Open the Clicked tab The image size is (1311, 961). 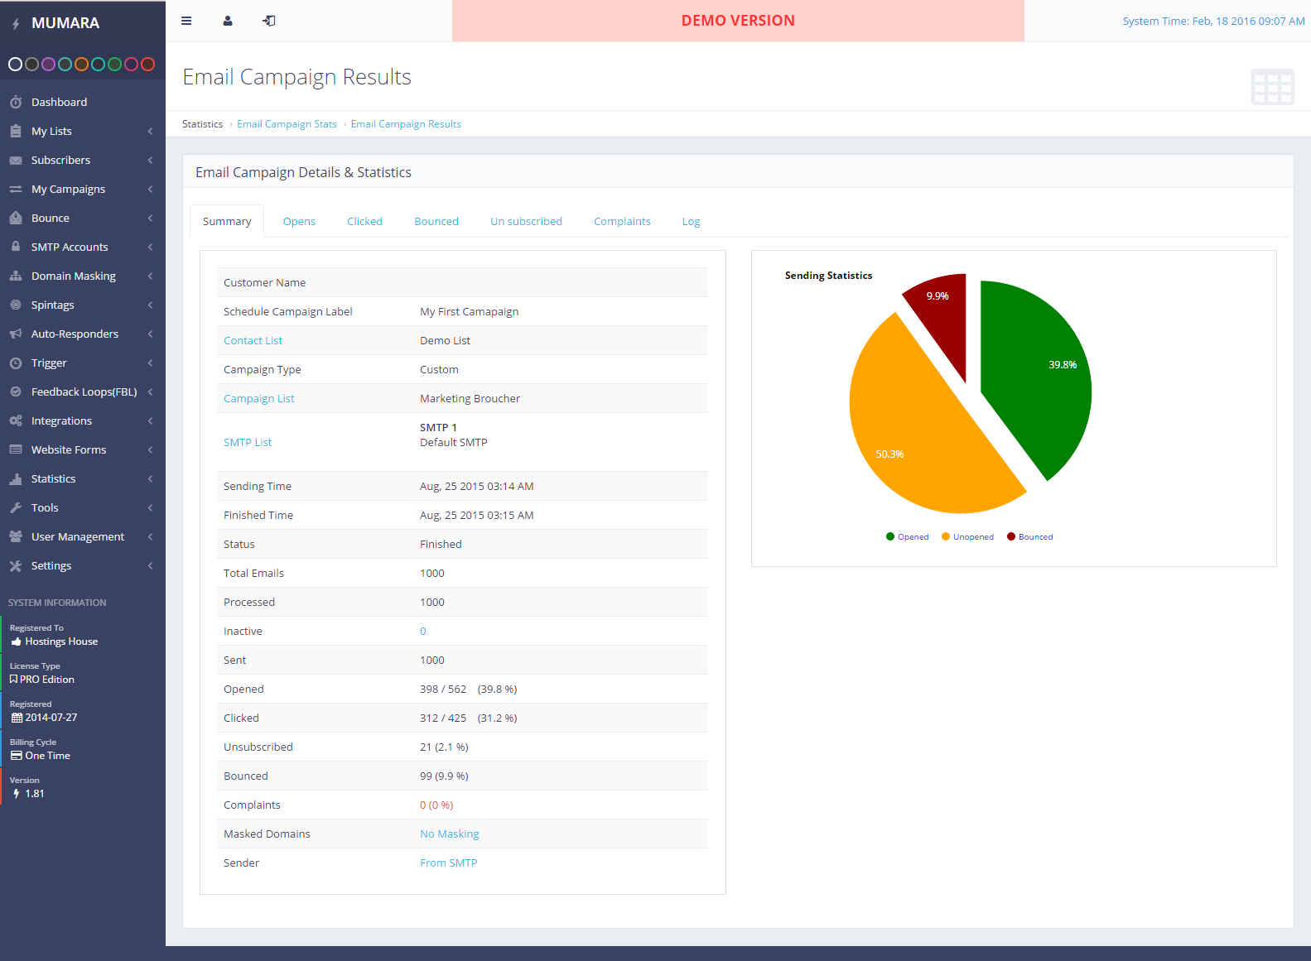click(x=364, y=222)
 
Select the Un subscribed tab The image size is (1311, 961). click(x=526, y=222)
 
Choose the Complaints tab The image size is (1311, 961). click(x=622, y=222)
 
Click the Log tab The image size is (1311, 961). click(x=691, y=222)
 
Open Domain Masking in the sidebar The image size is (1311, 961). click(x=73, y=276)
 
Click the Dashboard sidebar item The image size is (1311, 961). click(x=59, y=103)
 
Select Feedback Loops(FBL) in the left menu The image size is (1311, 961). click(x=84, y=392)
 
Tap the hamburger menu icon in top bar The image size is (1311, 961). click(x=186, y=22)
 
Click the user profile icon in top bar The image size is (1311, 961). click(x=228, y=22)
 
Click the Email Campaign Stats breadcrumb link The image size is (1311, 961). click(x=287, y=124)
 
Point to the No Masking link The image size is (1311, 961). click(x=449, y=834)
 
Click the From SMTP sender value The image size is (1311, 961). click(x=448, y=863)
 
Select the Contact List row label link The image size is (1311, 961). click(x=253, y=341)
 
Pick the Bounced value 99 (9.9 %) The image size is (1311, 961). click(x=444, y=776)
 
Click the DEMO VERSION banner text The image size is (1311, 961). click(x=738, y=21)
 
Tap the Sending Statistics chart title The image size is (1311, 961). click(x=828, y=276)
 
